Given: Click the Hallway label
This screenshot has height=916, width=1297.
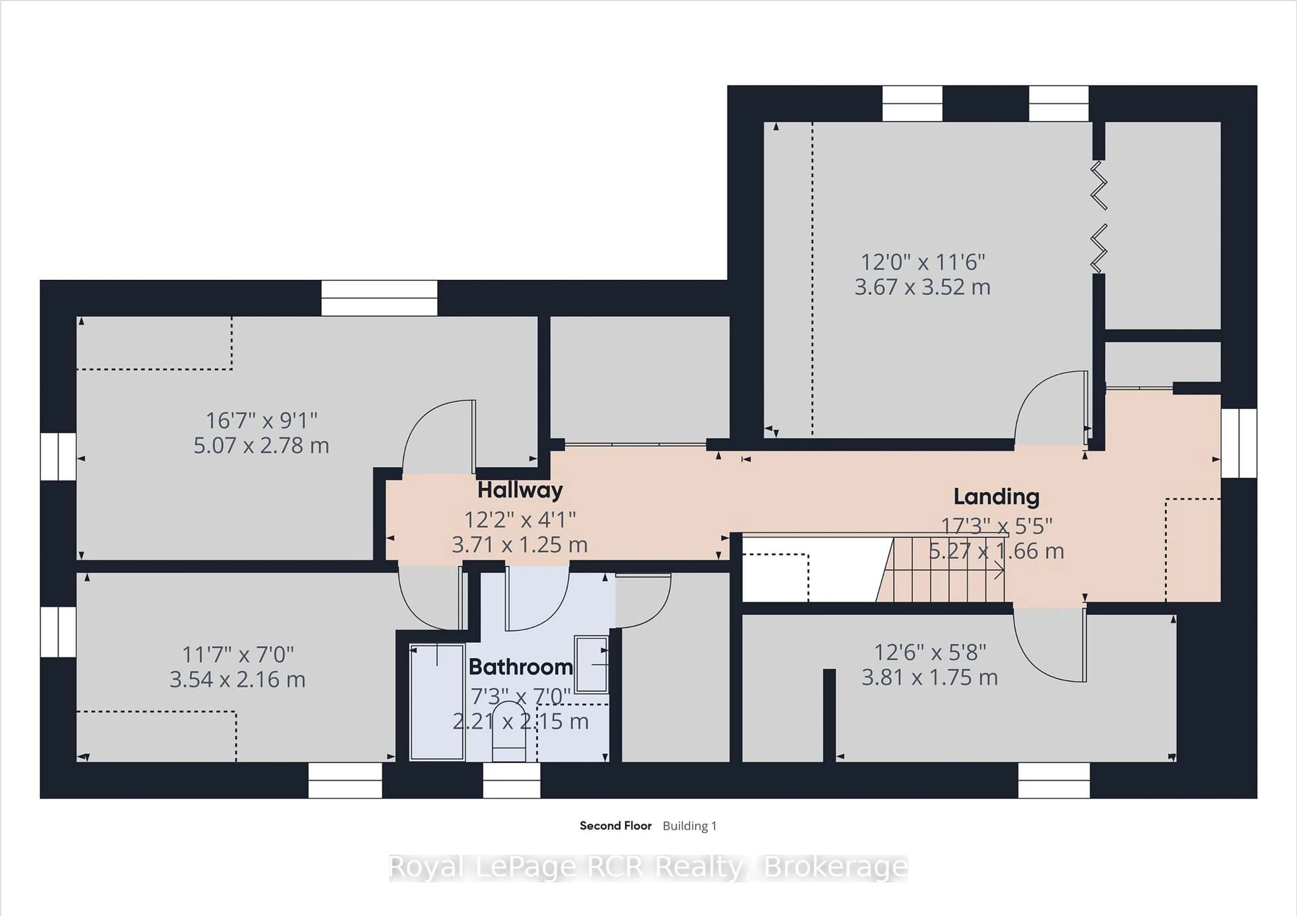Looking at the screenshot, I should tap(520, 490).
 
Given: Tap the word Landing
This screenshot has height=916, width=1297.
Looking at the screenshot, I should tap(996, 497).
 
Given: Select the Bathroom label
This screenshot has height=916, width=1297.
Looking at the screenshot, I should tap(520, 667).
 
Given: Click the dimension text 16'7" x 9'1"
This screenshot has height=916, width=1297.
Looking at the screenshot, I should tap(261, 421).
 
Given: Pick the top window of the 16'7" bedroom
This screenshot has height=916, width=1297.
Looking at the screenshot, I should tap(379, 298).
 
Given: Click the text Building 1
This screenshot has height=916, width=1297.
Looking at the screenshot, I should tap(689, 825).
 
